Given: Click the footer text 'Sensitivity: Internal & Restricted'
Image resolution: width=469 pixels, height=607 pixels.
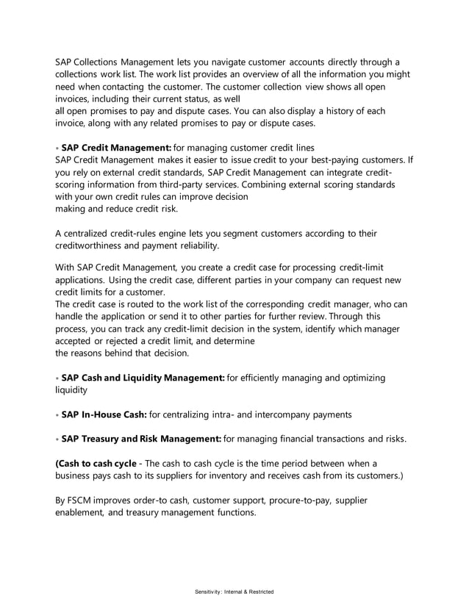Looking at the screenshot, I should click(x=234, y=591).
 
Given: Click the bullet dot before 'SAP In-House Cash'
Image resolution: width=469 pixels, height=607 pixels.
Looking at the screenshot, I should click(x=57, y=415).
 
